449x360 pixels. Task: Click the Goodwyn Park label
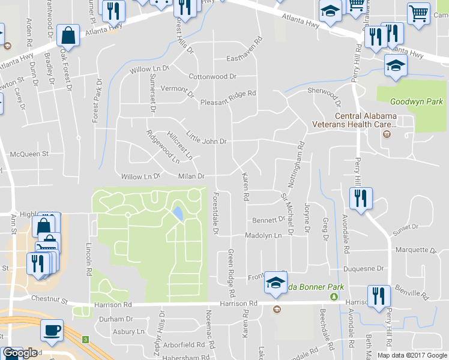pos(416,102)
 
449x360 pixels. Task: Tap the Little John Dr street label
pos(206,137)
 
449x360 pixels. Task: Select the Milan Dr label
pos(191,176)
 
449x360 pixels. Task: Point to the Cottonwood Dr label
pos(213,77)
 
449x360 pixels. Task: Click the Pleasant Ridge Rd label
pos(228,94)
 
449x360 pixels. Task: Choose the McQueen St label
pos(29,154)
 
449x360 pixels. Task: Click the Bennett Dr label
pos(268,220)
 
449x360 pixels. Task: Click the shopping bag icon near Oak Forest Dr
pos(69,35)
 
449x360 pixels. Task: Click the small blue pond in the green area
pos(178,213)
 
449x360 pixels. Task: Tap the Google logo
pos(19,353)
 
